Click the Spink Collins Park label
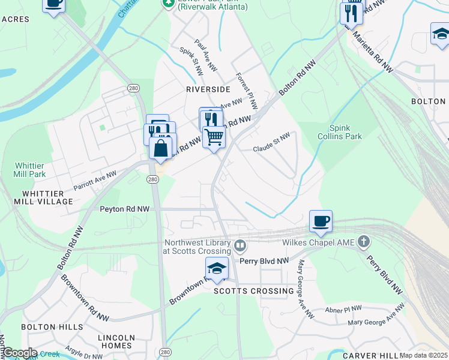click(x=345, y=132)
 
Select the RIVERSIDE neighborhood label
click(x=208, y=89)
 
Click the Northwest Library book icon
click(x=240, y=245)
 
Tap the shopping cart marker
click(x=214, y=137)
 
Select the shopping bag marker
click(x=160, y=147)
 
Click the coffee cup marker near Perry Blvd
click(x=321, y=221)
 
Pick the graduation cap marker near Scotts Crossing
click(x=217, y=268)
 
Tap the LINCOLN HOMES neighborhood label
click(x=115, y=341)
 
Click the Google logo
click(x=19, y=353)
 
